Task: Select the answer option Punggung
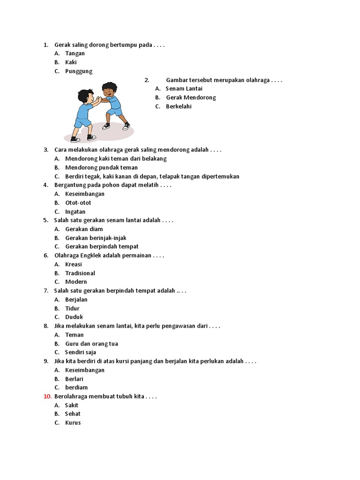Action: point(79,71)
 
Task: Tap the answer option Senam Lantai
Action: point(184,89)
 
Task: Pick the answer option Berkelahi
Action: point(179,106)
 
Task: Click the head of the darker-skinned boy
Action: point(109,90)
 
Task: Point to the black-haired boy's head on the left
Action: point(86,97)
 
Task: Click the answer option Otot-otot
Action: point(78,203)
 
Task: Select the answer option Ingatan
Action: point(75,212)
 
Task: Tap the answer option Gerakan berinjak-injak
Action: point(96,238)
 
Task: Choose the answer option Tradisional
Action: point(80,273)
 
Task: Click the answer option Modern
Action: point(76,282)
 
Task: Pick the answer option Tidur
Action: point(72,308)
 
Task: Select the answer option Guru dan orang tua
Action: point(91,344)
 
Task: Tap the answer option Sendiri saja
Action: point(81,352)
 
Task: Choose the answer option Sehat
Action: point(73,414)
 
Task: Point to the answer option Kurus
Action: point(73,423)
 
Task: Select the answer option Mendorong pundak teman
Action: point(101,168)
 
